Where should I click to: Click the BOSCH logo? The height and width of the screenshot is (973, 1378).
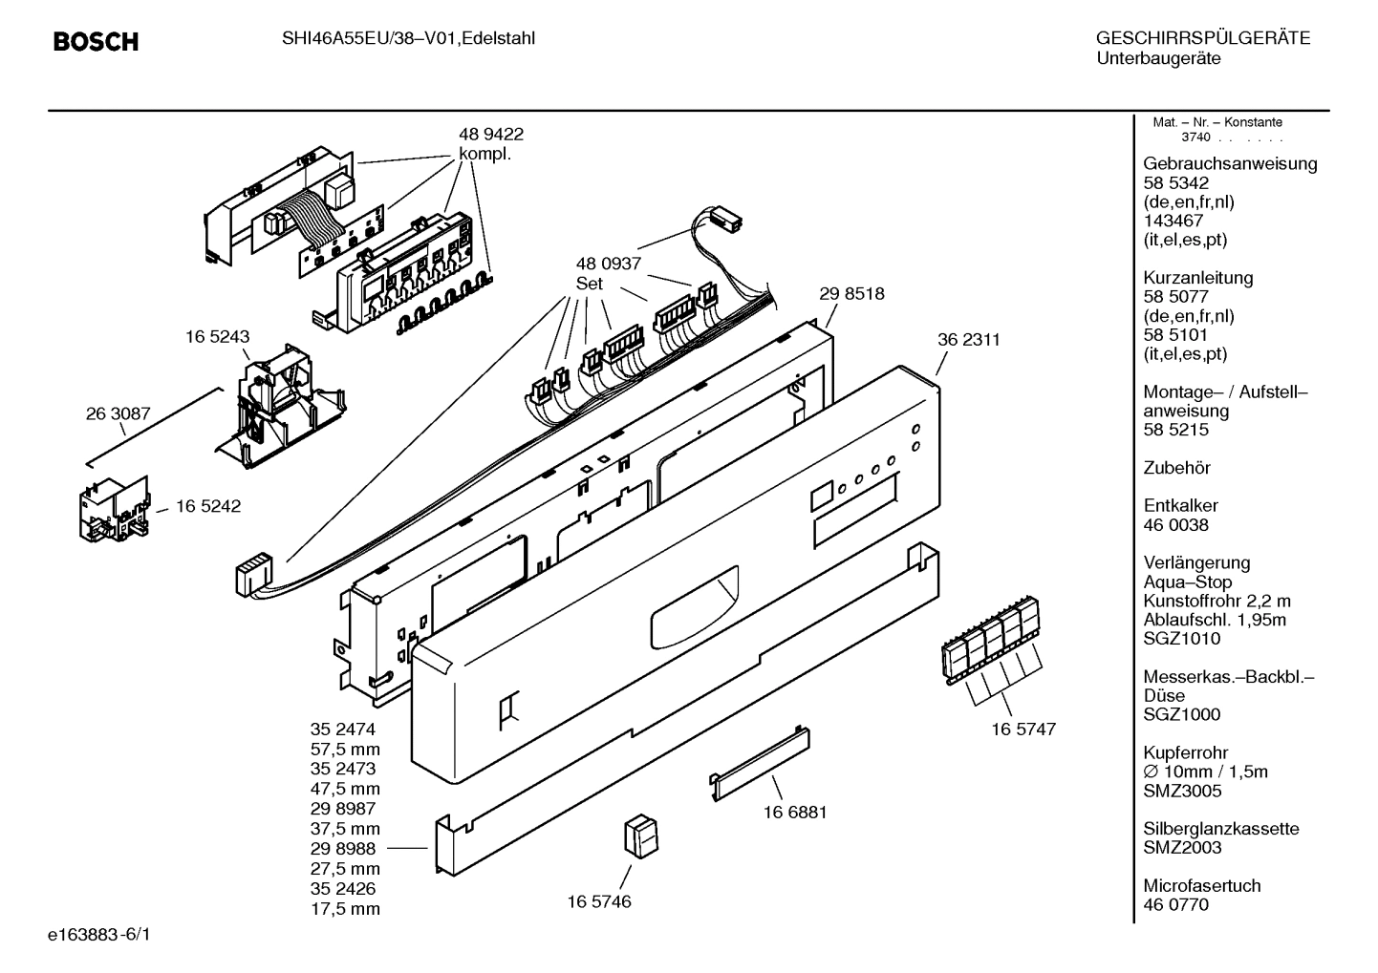(x=96, y=42)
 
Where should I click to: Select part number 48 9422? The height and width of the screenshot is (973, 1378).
(x=491, y=135)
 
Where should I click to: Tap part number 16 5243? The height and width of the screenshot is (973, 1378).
(x=217, y=337)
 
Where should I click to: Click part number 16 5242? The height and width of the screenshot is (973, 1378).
(x=207, y=506)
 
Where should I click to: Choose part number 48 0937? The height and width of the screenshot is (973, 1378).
(x=608, y=264)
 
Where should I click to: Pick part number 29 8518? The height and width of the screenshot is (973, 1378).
(x=851, y=294)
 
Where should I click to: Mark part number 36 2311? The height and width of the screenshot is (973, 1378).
(x=968, y=339)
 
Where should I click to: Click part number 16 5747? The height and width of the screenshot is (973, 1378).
(x=1023, y=729)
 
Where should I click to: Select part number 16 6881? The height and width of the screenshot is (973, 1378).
(x=794, y=813)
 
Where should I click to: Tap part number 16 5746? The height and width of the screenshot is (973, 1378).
(x=598, y=901)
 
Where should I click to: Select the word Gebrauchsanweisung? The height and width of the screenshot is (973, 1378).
(x=1230, y=163)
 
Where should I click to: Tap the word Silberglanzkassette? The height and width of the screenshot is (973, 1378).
(x=1221, y=829)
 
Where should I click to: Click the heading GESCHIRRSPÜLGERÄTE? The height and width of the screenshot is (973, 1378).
(x=1202, y=39)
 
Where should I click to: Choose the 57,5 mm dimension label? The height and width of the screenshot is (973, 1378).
(x=345, y=749)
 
